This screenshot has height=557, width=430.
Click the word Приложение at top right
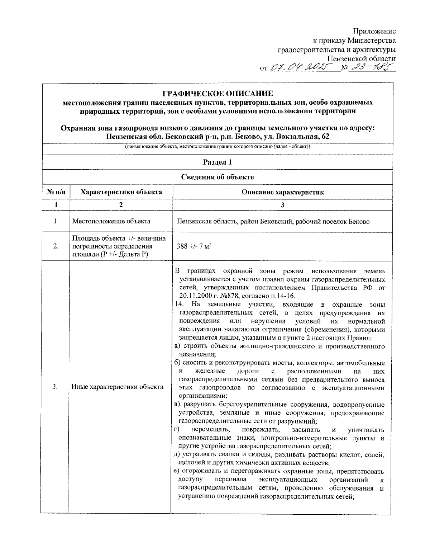[374, 31]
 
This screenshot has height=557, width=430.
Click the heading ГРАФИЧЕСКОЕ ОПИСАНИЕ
[218, 94]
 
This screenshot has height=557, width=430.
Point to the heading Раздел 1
[218, 162]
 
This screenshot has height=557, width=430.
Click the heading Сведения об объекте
[218, 177]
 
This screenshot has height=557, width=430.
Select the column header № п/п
[56, 192]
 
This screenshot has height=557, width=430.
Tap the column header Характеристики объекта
[121, 192]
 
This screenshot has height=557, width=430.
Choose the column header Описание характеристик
[282, 192]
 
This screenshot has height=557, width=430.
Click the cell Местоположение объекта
[111, 221]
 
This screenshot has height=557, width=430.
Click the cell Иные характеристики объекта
[118, 387]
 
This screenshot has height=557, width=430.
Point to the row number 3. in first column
[56, 387]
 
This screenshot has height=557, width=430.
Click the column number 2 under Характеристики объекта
[121, 205]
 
